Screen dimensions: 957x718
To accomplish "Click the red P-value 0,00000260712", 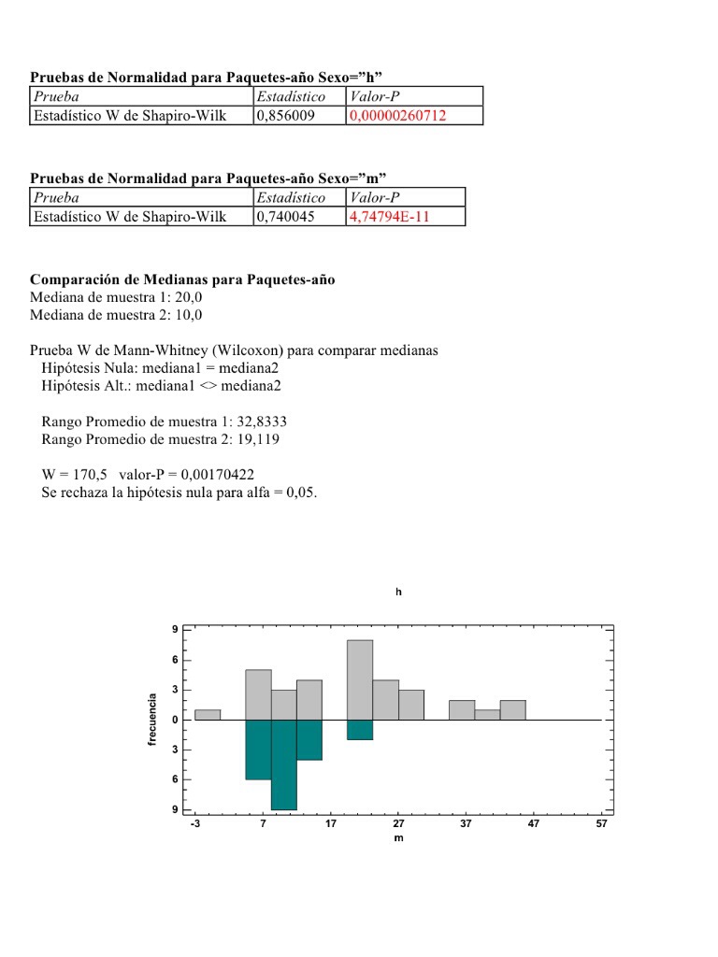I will (397, 116).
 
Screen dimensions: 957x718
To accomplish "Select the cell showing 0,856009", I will (286, 116).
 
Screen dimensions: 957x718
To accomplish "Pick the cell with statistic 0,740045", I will (286, 217).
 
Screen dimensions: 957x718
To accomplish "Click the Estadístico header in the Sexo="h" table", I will (291, 96).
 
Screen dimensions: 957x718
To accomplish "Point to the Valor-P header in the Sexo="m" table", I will (374, 197).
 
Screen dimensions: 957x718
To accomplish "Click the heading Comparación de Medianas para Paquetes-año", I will (182, 279).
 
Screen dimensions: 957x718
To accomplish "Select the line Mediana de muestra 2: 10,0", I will (116, 315).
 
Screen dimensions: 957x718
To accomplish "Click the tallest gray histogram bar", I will (360, 679).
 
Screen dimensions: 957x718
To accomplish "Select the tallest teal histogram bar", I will (283, 764).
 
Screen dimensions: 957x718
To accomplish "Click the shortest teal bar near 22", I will (360, 730).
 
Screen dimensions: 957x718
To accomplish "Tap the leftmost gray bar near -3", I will (208, 715).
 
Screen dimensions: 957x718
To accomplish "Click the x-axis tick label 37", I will (466, 824).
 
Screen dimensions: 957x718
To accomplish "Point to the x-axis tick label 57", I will (601, 824).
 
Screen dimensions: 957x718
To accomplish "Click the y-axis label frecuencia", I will (151, 720).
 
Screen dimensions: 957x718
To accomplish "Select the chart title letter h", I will (399, 593).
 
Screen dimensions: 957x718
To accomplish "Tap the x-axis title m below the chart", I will (399, 838).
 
